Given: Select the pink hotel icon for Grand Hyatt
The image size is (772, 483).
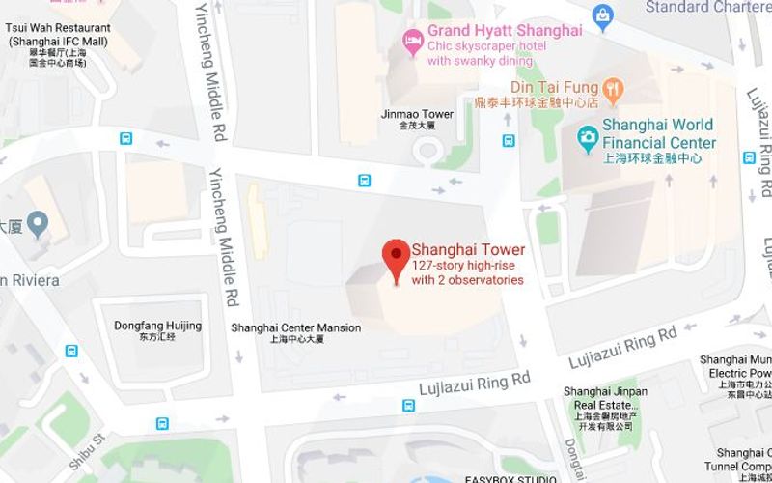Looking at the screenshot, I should [x=412, y=40].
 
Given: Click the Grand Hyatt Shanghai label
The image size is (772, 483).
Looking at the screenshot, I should [x=505, y=31].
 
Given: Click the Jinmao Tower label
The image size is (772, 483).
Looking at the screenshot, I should [x=417, y=115].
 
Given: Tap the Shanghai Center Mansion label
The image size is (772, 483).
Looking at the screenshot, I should [x=296, y=328].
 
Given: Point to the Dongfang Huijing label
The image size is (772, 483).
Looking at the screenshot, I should [x=157, y=327].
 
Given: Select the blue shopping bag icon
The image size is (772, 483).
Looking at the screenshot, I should [x=604, y=14].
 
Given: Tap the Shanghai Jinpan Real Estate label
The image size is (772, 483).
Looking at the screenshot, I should [x=605, y=399].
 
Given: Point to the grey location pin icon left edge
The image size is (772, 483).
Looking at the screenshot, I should [x=38, y=225].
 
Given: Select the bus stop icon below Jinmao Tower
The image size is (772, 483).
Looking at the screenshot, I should [x=364, y=181].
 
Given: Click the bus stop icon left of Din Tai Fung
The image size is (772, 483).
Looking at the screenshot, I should [x=509, y=140].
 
